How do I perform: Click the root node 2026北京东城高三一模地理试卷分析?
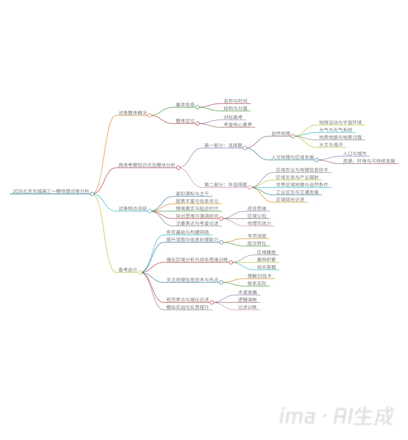51,191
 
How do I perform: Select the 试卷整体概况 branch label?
133,113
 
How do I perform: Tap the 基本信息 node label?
185,105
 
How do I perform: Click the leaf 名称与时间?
235,101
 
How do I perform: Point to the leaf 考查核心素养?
238,125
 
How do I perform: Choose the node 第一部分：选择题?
223,145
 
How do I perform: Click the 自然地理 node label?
281,134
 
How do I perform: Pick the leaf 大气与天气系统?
335,130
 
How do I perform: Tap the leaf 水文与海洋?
331,145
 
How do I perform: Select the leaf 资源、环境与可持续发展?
369,161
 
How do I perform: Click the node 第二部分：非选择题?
226,185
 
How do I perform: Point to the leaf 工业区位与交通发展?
297,192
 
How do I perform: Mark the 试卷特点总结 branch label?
133,209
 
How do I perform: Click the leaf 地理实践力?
259,223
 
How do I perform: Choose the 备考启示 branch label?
128,270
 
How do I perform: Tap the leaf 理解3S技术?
259,276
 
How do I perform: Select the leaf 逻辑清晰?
247,300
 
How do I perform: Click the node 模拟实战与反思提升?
187,308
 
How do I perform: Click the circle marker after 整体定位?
197,123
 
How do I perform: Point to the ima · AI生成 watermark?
337,416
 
